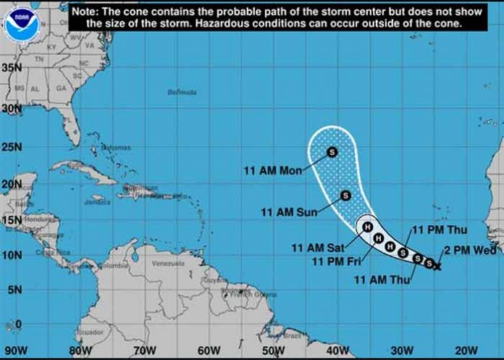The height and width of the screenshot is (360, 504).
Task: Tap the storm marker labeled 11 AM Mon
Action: click(332, 152)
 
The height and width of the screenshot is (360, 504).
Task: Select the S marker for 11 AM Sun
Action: click(345, 196)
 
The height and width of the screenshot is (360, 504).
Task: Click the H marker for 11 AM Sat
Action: click(367, 227)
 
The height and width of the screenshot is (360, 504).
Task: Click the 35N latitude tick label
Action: click(12, 67)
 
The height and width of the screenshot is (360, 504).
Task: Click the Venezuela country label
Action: click(168, 264)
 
